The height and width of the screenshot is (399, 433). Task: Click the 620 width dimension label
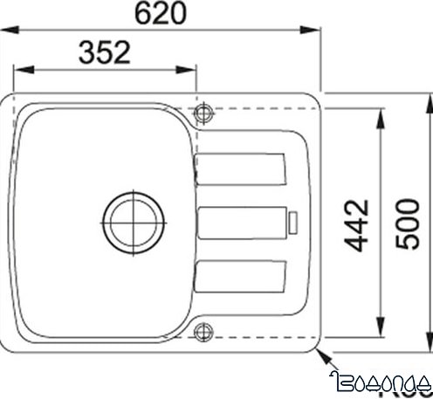163,12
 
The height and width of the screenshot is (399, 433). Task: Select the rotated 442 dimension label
357,224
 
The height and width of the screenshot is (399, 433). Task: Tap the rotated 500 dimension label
407,225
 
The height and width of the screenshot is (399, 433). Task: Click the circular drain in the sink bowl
133,218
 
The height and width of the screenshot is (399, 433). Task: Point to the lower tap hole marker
204,330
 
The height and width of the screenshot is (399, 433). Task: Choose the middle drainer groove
243,223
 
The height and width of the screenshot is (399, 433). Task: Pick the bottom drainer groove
241,277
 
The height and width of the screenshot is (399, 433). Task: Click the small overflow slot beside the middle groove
293,223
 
